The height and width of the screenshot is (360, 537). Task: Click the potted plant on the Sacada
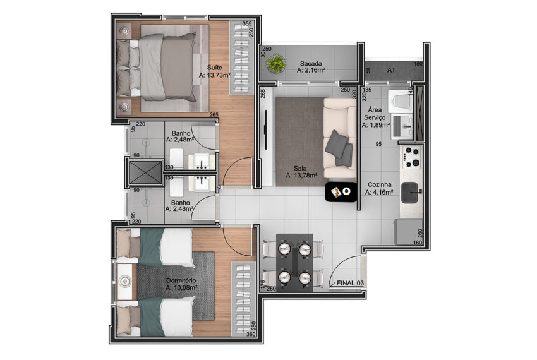(x=276, y=64)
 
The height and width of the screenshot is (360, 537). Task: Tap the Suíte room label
(x=214, y=68)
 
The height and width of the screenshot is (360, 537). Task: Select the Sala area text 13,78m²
(x=301, y=176)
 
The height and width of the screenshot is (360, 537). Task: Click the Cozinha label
(x=380, y=184)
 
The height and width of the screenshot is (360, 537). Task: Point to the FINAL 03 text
(x=350, y=284)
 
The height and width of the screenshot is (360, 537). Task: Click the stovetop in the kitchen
(x=412, y=157)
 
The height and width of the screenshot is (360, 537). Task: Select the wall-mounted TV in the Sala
(x=266, y=129)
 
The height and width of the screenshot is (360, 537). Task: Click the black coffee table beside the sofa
(x=341, y=192)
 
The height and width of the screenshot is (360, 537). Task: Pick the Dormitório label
(x=181, y=280)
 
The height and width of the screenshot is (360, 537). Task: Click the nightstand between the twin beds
(x=124, y=282)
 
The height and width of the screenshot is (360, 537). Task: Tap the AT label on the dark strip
(x=392, y=70)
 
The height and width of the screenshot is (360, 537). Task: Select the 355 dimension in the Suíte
(x=247, y=23)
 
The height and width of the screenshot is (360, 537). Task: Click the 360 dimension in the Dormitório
(x=251, y=334)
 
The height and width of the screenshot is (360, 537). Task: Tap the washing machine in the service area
(x=401, y=100)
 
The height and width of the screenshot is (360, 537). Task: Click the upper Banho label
(x=181, y=133)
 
